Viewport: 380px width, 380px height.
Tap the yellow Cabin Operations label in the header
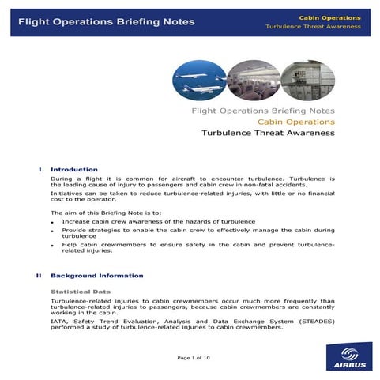click(x=330, y=17)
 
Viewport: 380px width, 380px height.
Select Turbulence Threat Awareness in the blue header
click(x=314, y=27)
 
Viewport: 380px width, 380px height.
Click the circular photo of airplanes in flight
click(x=199, y=79)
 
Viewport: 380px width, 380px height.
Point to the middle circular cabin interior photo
click(x=254, y=79)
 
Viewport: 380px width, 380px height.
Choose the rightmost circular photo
click(x=308, y=79)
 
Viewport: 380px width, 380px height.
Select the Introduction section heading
click(x=74, y=169)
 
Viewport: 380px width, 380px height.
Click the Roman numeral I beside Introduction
click(x=40, y=169)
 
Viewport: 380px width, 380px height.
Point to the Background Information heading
click(x=97, y=276)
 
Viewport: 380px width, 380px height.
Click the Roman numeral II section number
click(x=39, y=276)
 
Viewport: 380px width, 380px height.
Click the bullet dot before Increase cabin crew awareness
click(x=53, y=223)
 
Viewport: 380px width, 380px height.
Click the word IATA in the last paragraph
click(x=58, y=320)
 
